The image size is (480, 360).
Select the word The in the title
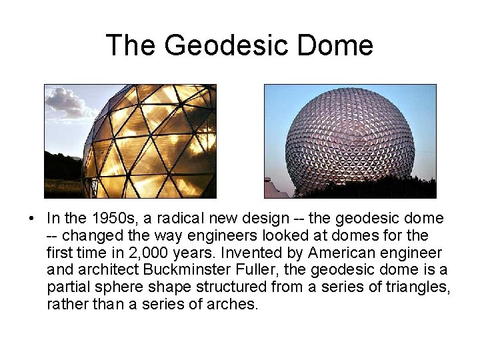pyautogui.click(x=131, y=45)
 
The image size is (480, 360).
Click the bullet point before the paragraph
pyautogui.click(x=31, y=219)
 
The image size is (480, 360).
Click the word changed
pyautogui.click(x=91, y=236)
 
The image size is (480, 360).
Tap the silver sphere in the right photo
pyautogui.click(x=350, y=140)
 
